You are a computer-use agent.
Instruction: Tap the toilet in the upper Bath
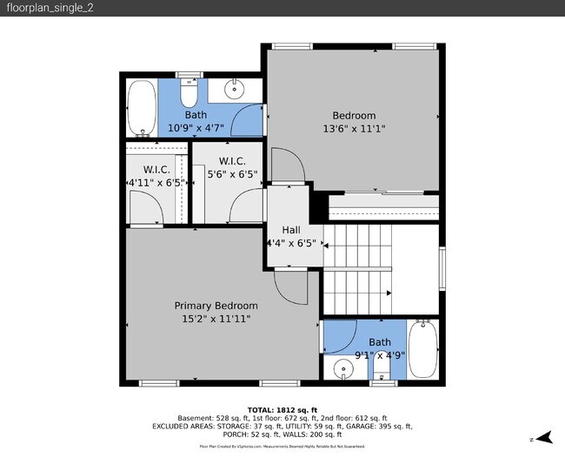click(x=190, y=93)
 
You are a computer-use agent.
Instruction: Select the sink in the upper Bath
click(x=236, y=89)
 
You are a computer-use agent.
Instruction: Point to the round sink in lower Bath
click(x=344, y=369)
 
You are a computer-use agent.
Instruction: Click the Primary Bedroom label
click(x=216, y=306)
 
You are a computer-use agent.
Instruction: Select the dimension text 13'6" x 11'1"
click(x=354, y=129)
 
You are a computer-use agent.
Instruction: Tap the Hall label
click(x=291, y=231)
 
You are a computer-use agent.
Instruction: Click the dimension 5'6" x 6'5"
click(x=232, y=174)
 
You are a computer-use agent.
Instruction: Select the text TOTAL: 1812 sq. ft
click(x=282, y=409)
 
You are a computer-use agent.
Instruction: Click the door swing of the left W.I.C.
click(x=143, y=208)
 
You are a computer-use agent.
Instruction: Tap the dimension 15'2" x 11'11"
click(x=216, y=319)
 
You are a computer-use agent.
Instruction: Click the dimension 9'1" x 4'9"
click(x=379, y=355)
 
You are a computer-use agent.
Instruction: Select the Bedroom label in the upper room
click(x=354, y=116)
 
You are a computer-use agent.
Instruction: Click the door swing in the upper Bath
click(x=249, y=120)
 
